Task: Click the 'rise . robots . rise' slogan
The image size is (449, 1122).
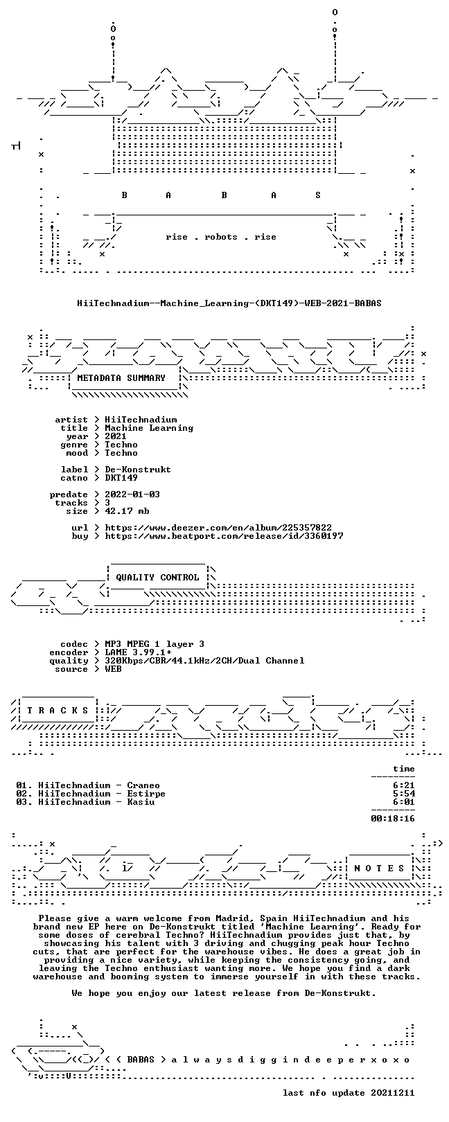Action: click(x=220, y=237)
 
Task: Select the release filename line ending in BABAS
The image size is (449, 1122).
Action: click(x=229, y=303)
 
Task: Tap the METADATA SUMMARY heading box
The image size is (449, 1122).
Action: click(x=121, y=378)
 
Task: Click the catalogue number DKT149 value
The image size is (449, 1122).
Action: click(x=121, y=478)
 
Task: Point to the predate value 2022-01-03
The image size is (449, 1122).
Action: click(x=132, y=495)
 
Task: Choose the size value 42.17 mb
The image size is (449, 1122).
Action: click(x=127, y=511)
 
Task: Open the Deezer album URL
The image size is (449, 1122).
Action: click(x=218, y=528)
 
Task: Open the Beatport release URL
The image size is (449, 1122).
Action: click(x=224, y=536)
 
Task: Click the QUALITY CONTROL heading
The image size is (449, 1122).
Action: click(x=157, y=578)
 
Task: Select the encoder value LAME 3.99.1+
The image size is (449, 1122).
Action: click(x=138, y=652)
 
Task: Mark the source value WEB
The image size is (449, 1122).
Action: click(x=113, y=669)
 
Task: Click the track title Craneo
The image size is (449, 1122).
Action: click(x=143, y=785)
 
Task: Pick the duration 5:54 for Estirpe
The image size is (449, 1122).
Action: click(x=404, y=794)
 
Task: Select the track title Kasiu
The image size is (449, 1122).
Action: click(x=141, y=802)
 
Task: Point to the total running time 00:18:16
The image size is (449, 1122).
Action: click(x=393, y=819)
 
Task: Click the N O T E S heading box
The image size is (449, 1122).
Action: click(x=379, y=868)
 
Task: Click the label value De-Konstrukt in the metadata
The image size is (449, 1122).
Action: click(x=138, y=470)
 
